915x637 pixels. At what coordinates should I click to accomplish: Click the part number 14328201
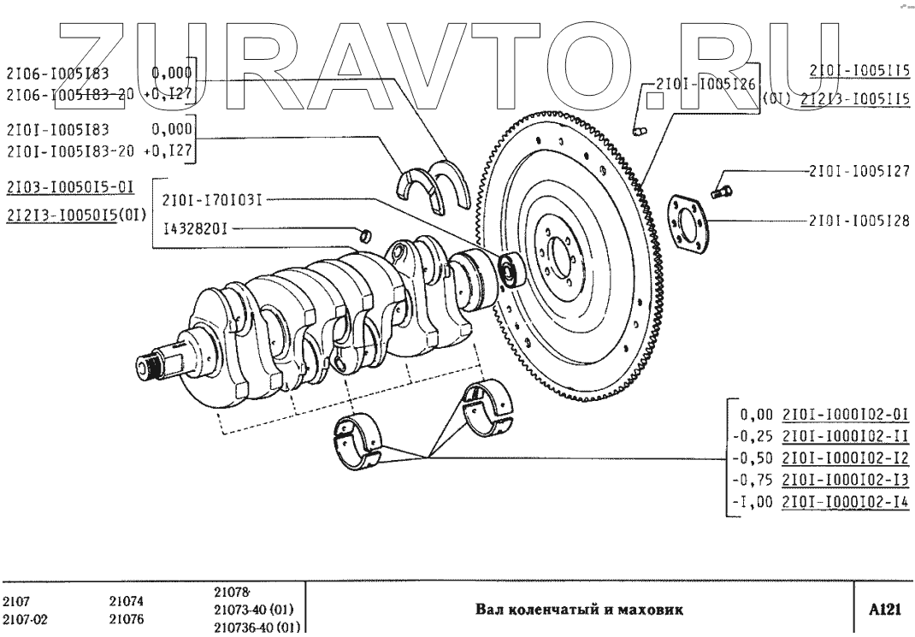pyautogui.click(x=197, y=228)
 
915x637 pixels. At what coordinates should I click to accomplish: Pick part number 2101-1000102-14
pyautogui.click(x=846, y=504)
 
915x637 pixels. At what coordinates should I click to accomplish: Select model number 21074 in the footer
pyautogui.click(x=126, y=601)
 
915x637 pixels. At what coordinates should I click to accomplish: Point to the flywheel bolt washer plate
pyautogui.click(x=690, y=224)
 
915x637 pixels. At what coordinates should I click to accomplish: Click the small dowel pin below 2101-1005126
pyautogui.click(x=642, y=130)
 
